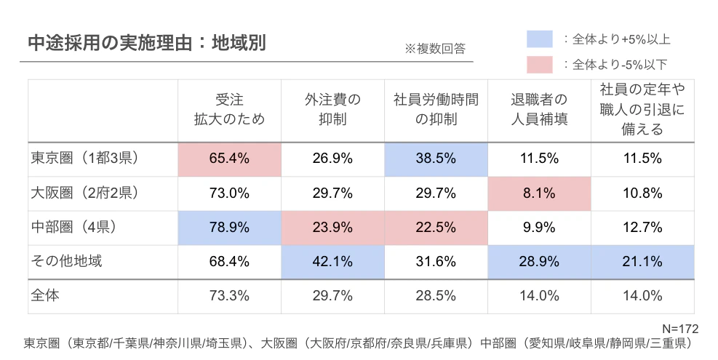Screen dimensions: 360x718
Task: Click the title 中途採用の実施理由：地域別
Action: click(x=145, y=42)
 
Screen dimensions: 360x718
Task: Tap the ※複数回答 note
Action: click(x=434, y=49)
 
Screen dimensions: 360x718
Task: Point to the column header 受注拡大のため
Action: click(x=229, y=110)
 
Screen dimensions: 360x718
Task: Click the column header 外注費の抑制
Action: click(x=332, y=110)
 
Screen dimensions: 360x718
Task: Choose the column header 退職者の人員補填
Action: click(x=538, y=110)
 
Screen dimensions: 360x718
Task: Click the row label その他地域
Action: click(x=67, y=261)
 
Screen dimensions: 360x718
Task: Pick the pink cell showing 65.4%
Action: click(x=229, y=159)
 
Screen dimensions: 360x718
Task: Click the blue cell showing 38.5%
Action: click(x=435, y=159)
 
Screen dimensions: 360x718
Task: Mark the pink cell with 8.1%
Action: click(x=538, y=193)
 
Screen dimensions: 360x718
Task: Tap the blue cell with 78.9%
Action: click(x=229, y=227)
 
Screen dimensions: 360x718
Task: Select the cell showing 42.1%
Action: click(x=332, y=261)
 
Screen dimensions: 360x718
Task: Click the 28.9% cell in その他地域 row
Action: click(x=538, y=261)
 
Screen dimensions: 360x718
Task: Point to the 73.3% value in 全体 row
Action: click(x=229, y=296)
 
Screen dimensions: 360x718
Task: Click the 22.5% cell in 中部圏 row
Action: click(x=435, y=227)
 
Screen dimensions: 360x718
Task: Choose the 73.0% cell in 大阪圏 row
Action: click(x=229, y=193)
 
